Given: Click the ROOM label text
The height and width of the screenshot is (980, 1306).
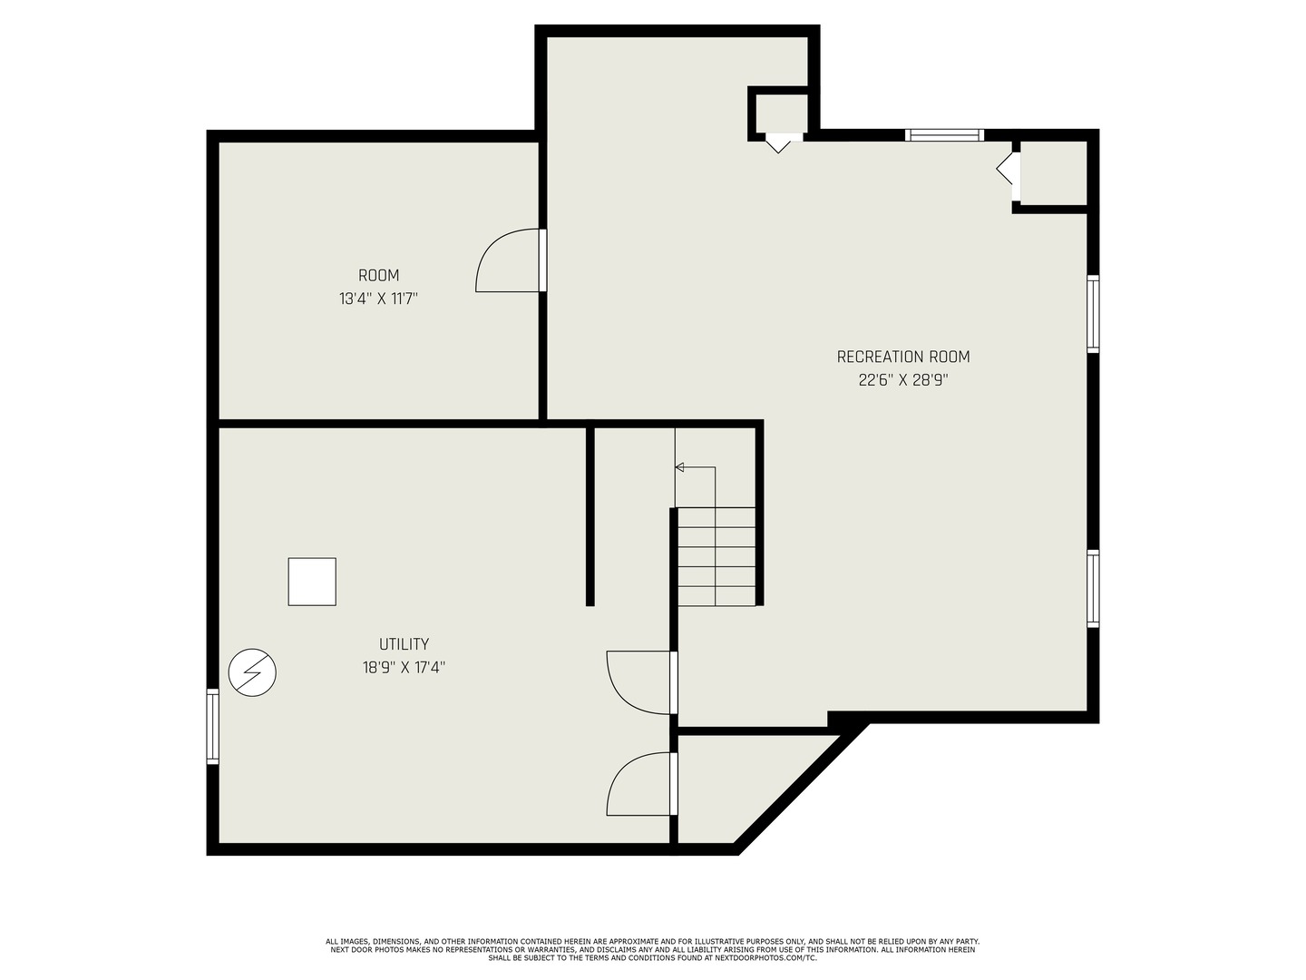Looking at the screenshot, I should coord(378,276).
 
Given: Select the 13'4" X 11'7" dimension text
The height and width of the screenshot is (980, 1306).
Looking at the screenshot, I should coord(378,299).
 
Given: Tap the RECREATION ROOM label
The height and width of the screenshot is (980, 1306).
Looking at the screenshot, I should coord(902,358).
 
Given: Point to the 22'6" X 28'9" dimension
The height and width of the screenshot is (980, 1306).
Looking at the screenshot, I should coord(902,380).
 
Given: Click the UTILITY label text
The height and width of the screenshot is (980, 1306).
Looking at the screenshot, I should coord(404,644).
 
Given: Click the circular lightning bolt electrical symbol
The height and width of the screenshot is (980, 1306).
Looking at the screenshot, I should coord(252,673).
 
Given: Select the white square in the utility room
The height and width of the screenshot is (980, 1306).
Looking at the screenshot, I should coord(312,582).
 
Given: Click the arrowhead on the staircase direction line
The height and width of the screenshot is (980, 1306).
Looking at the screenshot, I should coord(679,467).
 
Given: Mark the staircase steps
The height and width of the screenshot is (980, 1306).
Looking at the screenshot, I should coord(716,557).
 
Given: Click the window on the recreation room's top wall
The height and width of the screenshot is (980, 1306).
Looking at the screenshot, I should coord(944,135).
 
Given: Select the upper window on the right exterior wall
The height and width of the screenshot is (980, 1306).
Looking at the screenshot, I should coord(1093,313).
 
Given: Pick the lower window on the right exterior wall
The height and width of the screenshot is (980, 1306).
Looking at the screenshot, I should coord(1093,588).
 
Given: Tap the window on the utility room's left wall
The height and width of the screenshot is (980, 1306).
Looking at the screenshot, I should coord(212,726).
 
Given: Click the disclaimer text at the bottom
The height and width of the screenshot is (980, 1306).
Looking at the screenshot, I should coord(652,950).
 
